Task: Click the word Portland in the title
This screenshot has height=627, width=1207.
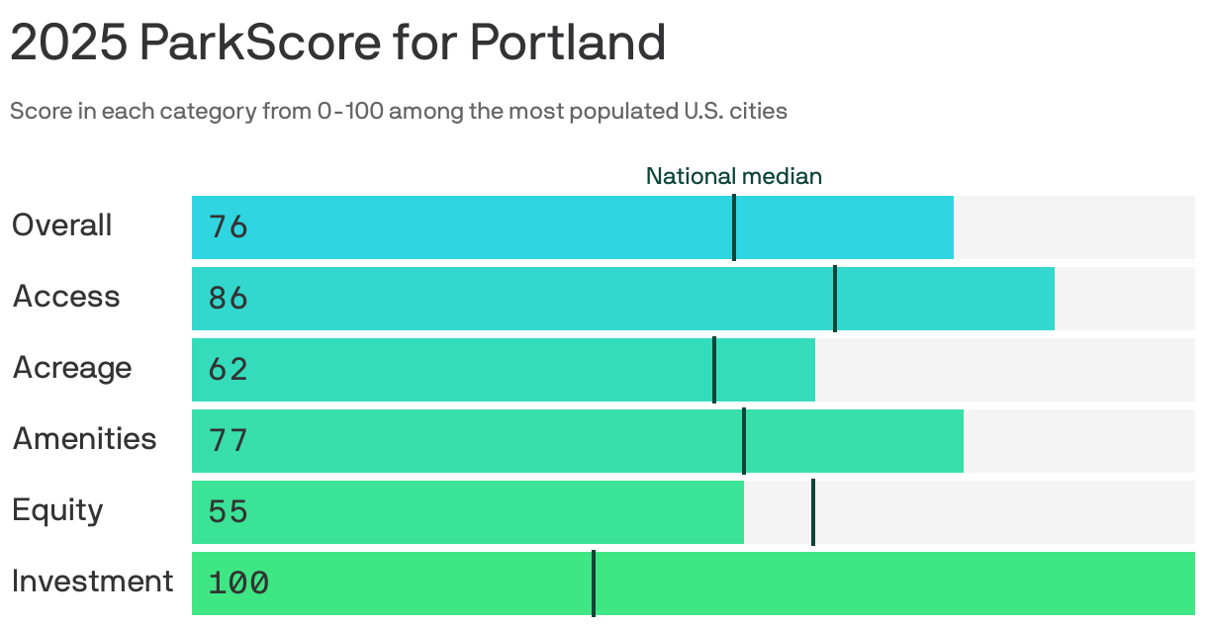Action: pos(567,43)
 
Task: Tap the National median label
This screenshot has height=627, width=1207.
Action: pos(733,176)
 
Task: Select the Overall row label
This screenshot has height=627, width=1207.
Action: pos(61,225)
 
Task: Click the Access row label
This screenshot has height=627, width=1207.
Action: pos(66,297)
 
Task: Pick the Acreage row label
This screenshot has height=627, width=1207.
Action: pos(72,368)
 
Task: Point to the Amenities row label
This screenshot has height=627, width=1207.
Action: pos(84,439)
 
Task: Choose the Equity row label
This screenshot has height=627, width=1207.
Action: pos(57,510)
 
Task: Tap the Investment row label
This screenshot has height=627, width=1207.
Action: pos(92,582)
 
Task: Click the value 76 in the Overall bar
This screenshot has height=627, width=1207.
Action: pos(228,227)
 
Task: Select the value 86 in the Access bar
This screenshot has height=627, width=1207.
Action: pos(228,299)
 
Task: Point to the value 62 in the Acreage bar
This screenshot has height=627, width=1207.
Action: pos(228,370)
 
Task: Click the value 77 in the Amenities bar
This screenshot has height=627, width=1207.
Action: pos(228,441)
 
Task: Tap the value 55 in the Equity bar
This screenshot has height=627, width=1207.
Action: pos(228,512)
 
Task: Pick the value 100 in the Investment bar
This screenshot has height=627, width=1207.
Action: pos(238,583)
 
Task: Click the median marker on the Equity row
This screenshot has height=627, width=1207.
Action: pos(812,512)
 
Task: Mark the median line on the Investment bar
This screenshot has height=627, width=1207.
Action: pos(594,583)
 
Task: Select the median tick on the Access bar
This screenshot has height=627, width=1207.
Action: pos(835,299)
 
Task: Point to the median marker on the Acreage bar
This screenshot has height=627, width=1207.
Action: pos(713,370)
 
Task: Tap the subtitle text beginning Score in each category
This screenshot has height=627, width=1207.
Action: pos(398,111)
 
